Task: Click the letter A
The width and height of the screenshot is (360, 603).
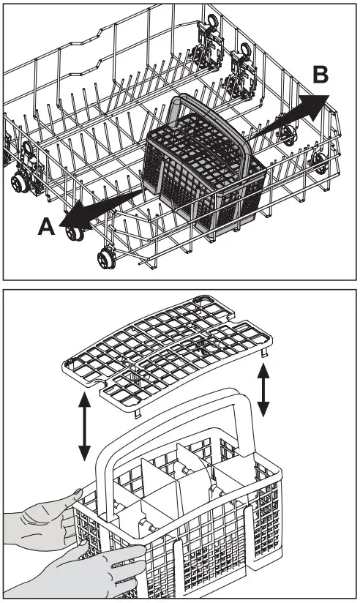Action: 45,227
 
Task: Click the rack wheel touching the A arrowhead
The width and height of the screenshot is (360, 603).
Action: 73,233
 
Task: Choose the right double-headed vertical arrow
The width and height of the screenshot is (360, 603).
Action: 263,392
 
